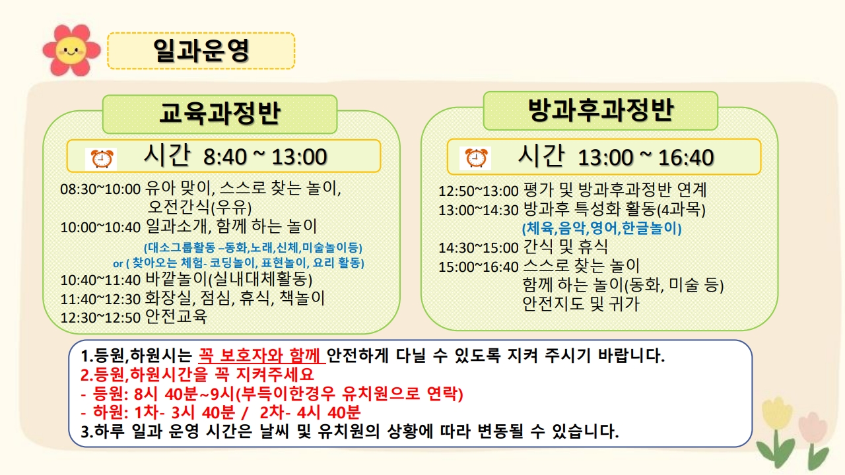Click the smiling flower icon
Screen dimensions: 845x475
pos(71,49)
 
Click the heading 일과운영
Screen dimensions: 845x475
pos(201,51)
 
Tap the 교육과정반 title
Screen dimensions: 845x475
pos(220,113)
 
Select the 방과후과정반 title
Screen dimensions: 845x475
pos(601,110)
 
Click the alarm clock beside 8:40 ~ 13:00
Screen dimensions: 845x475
pos(102,159)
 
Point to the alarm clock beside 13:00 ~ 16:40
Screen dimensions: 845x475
pos(476,158)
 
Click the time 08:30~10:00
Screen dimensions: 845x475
pos(100,189)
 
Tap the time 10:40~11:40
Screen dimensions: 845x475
pos(100,280)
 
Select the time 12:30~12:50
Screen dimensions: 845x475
pos(100,318)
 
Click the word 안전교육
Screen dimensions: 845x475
pos(176,317)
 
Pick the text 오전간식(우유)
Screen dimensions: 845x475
pos(199,207)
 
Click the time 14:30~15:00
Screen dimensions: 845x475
pos(479,248)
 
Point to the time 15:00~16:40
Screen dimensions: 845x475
pos(479,267)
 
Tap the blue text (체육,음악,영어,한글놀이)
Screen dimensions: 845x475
pos(601,228)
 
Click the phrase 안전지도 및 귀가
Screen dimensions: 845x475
pos(581,304)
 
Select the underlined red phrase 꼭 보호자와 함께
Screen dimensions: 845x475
pos(261,355)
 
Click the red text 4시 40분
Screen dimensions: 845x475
pos(329,412)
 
